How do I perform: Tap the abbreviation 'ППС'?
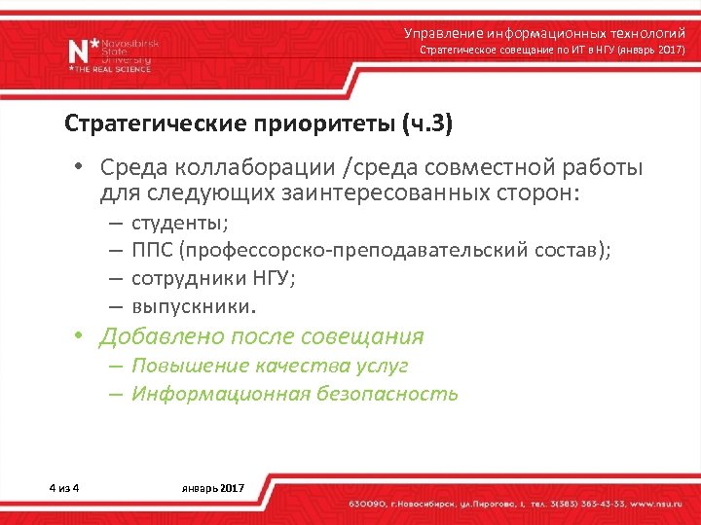coord(153,251)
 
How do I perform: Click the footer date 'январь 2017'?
coord(213,486)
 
